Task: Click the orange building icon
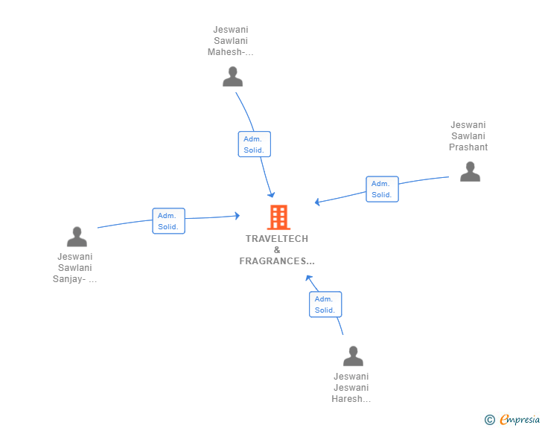278,217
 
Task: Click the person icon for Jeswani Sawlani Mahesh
233,77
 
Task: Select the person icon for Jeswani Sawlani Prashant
470,172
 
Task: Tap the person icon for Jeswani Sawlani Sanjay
77,237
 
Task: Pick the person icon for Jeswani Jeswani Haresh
353,356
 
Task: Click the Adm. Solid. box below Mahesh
254,144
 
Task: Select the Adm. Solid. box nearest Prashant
382,189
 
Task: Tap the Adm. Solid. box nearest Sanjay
168,221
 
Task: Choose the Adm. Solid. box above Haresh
325,304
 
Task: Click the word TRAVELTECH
277,239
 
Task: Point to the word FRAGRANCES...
277,261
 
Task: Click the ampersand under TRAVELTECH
277,250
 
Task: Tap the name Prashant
468,147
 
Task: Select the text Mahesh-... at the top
231,52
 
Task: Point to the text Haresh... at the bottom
351,399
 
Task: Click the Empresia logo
520,420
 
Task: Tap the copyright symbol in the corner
489,420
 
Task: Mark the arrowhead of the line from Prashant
317,202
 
